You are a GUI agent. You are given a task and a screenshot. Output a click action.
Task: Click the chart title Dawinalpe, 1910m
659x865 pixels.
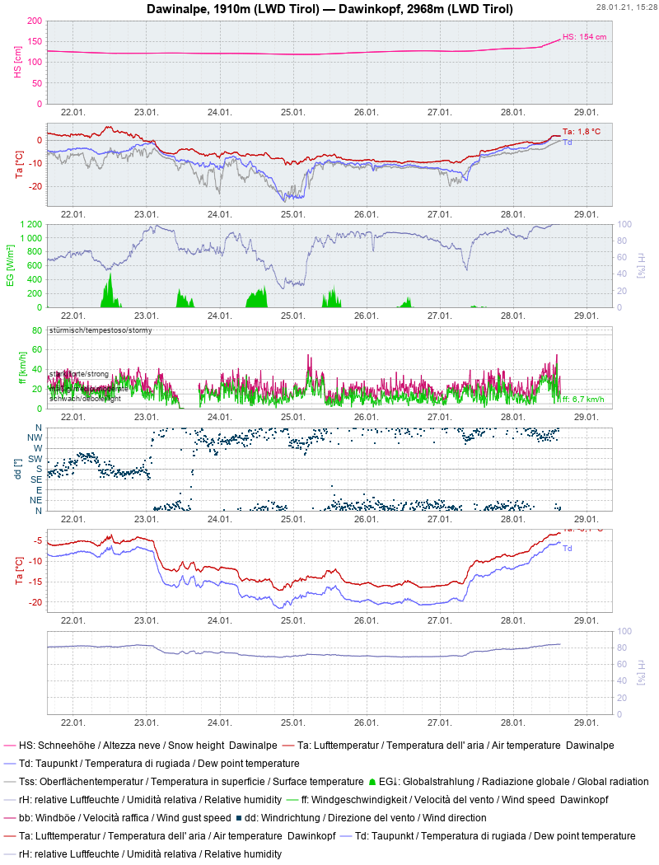tap(329, 9)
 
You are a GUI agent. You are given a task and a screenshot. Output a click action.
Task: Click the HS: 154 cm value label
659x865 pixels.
tap(584, 37)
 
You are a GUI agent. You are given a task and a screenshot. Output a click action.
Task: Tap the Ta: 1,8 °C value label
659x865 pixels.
tap(582, 132)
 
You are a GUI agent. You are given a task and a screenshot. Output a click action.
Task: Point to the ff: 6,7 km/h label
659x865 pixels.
tap(583, 400)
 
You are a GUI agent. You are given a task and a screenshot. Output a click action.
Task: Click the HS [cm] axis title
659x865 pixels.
tap(18, 62)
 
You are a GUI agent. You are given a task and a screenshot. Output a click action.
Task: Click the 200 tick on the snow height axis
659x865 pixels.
tap(35, 20)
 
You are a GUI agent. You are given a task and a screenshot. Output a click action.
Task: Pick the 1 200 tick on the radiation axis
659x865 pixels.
tap(30, 224)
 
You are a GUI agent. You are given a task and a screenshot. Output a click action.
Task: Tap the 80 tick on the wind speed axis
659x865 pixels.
tap(36, 331)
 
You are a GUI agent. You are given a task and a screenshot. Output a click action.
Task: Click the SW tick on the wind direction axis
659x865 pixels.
tap(35, 459)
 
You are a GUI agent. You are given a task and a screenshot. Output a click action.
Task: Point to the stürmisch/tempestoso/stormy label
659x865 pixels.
tap(100, 330)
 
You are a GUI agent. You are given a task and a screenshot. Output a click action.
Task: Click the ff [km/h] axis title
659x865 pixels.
tap(23, 368)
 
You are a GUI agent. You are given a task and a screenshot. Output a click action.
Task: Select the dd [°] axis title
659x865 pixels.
tap(18, 469)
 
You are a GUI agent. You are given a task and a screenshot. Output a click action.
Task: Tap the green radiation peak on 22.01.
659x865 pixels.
tap(108, 288)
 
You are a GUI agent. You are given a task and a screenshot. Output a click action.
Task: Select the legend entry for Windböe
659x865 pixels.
tap(115, 817)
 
